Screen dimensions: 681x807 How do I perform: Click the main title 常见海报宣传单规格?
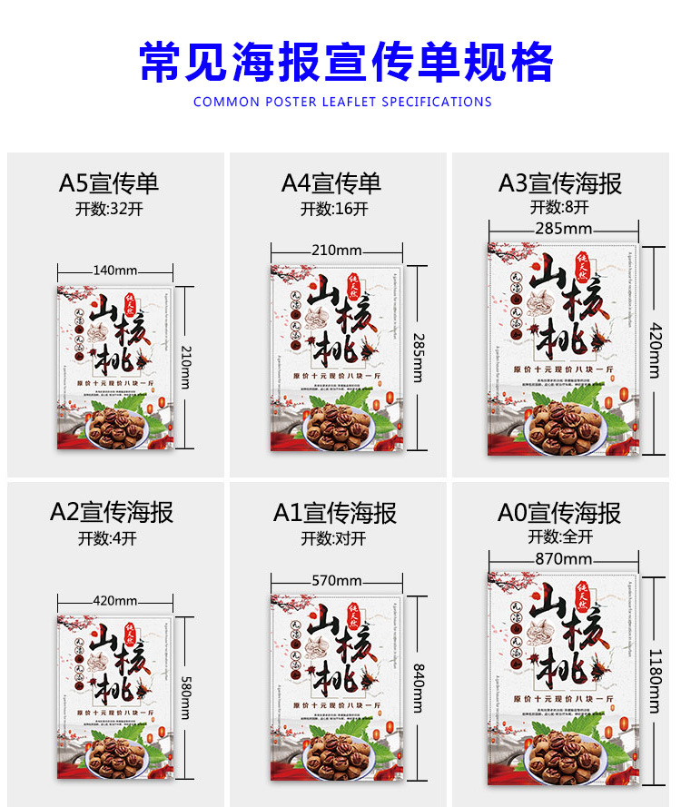[x=346, y=62]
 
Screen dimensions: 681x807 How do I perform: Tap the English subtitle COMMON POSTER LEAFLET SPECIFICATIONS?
[x=342, y=102]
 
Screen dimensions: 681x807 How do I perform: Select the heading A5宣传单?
[x=109, y=183]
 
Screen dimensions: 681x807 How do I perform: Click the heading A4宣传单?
[x=331, y=183]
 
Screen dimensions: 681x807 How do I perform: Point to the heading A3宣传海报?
[x=560, y=183]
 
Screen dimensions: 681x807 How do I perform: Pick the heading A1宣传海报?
[x=335, y=513]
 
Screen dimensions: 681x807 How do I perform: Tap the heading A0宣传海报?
[x=559, y=513]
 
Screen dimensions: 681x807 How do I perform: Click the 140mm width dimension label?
[x=114, y=271]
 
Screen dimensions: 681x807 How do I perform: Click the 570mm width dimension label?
[x=336, y=581]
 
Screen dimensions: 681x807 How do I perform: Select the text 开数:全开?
[x=560, y=536]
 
